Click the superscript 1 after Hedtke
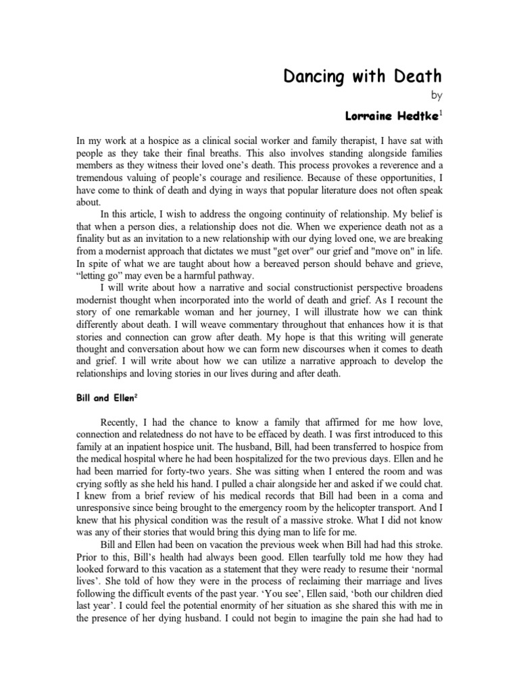click(x=442, y=114)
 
